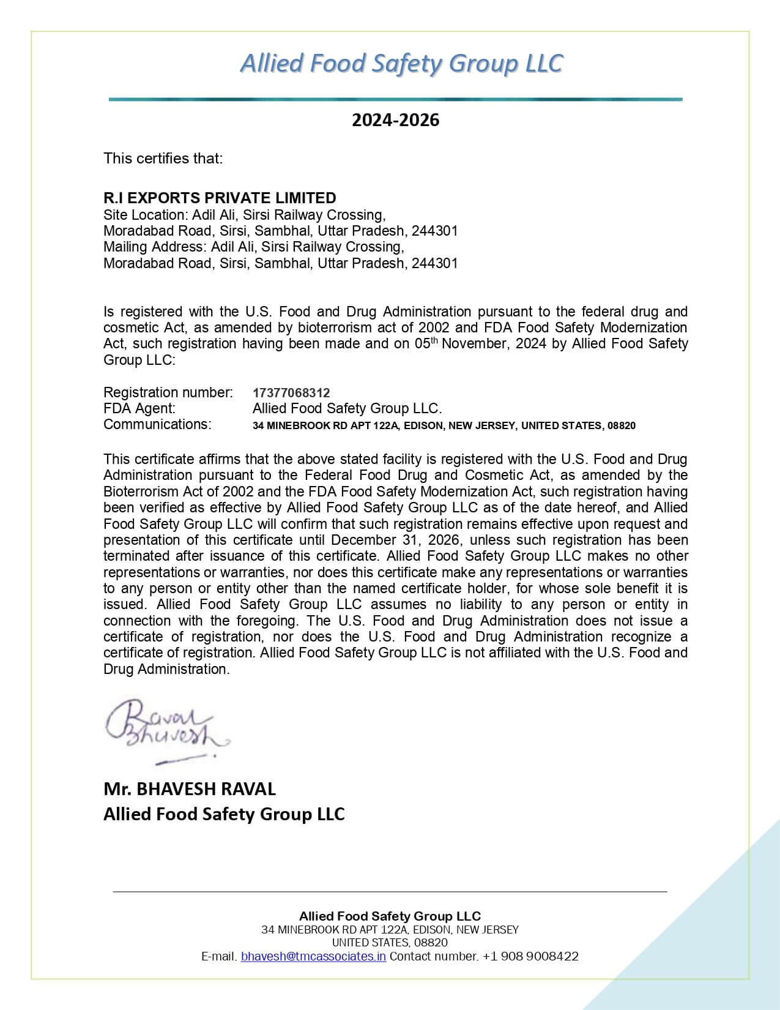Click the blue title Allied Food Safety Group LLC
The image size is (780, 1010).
coord(401,64)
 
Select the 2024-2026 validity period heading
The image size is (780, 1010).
coord(395,120)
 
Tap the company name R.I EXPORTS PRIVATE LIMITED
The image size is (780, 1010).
coord(220,198)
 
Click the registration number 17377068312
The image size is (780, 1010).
coord(291,392)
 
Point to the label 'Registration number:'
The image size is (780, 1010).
coord(168,392)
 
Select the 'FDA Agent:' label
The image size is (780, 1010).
coord(139,408)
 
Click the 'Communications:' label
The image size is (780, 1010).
coord(157,424)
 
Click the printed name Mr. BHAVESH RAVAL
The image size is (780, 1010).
coord(190,789)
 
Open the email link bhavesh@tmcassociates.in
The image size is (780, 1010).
coord(313,956)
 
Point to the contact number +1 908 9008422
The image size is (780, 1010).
coord(530,956)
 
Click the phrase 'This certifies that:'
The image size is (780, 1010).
coord(163,159)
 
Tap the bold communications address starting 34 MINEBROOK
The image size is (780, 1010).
coord(444,425)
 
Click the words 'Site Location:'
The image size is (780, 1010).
coord(146,215)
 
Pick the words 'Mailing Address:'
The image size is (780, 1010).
coord(155,247)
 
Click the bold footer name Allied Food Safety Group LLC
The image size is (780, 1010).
coord(390,916)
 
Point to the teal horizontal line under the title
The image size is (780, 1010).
coord(395,99)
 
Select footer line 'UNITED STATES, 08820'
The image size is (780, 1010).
coord(390,943)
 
